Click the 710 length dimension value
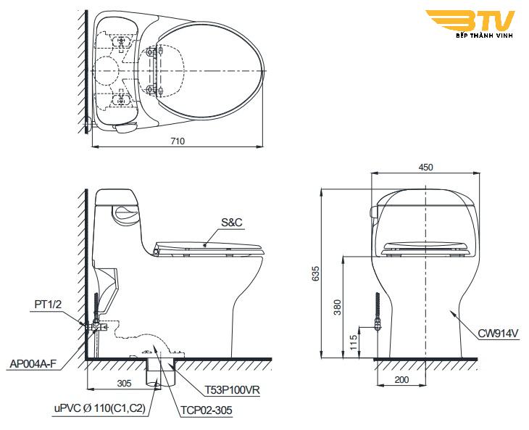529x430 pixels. [178, 141]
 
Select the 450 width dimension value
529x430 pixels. [425, 168]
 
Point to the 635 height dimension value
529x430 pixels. [315, 273]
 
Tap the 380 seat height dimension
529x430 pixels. [338, 307]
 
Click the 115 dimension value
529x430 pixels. [353, 342]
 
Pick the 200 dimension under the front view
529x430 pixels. [401, 380]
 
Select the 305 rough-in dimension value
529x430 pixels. [124, 384]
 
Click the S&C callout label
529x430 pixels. [232, 223]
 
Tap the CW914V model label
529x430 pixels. [499, 334]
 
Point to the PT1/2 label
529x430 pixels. [49, 305]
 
